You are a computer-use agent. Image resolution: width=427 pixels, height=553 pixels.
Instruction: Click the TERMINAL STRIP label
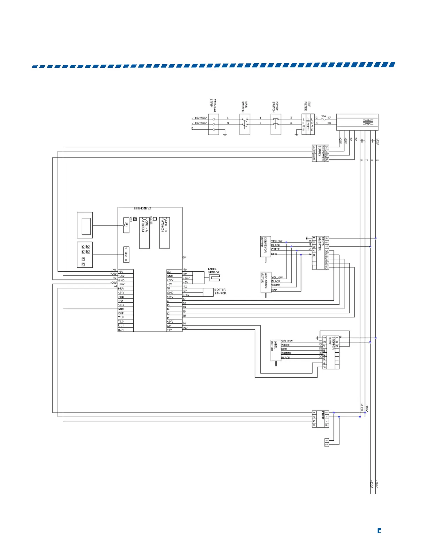click(213, 104)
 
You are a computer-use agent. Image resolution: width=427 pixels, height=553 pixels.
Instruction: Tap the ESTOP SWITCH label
click(275, 106)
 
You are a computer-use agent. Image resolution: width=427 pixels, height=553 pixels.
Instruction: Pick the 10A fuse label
click(323, 116)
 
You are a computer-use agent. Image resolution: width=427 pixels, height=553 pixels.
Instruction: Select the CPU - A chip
click(144, 233)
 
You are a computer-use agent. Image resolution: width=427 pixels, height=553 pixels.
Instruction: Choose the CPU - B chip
click(164, 233)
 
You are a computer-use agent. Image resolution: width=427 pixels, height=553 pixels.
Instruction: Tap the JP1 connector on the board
click(126, 225)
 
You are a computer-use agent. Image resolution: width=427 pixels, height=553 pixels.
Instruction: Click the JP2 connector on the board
click(126, 255)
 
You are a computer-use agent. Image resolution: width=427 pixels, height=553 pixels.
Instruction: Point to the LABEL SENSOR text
click(213, 271)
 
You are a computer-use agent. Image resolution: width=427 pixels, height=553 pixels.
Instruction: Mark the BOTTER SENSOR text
click(220, 292)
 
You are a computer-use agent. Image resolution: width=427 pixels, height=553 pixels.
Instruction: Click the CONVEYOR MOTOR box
click(265, 246)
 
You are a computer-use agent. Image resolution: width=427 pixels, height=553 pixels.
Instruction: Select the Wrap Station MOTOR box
click(266, 282)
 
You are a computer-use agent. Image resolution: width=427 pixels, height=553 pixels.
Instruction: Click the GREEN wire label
click(286, 353)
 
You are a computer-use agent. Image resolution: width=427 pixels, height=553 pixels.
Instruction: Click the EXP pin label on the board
click(121, 313)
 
